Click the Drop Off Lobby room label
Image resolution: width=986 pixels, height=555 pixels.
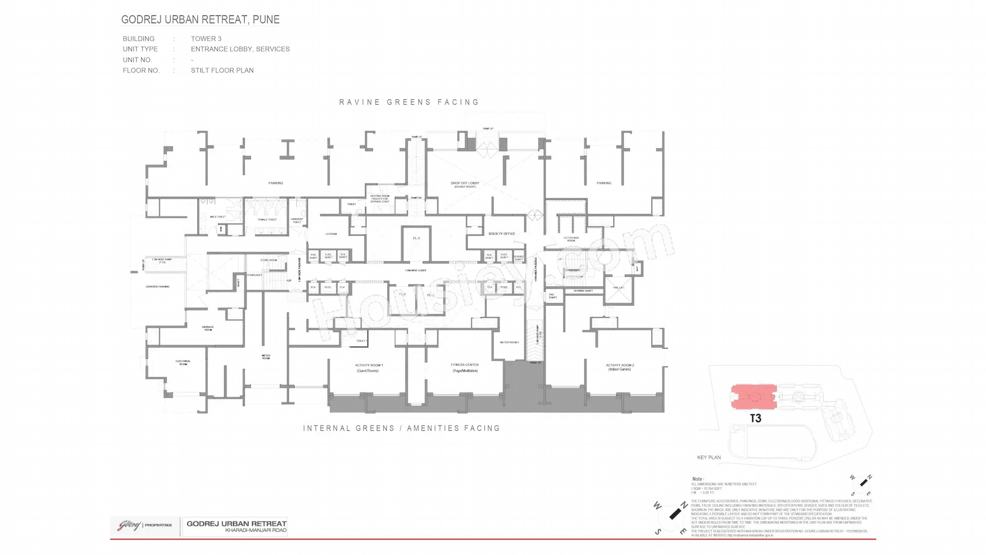coord(465,184)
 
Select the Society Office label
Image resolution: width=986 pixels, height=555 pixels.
coord(501,234)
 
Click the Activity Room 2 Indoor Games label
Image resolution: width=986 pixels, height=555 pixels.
coord(619,367)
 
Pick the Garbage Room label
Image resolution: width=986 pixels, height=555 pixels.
coord(207,328)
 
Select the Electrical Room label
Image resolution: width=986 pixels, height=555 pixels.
coord(183,362)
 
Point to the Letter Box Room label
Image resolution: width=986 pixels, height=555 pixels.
coord(571,239)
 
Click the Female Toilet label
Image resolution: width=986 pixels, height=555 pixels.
coord(267,219)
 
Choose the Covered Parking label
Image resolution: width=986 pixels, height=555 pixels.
coord(157,287)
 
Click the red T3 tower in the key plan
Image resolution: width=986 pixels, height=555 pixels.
coord(753,397)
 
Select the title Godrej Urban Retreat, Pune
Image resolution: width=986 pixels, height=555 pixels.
coord(200,20)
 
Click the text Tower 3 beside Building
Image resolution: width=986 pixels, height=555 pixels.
coord(206,39)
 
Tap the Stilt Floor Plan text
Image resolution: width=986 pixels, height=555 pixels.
coord(222,70)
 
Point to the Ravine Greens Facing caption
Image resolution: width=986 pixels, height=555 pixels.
coord(409,102)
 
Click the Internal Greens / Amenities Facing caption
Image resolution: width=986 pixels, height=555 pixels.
coord(401,428)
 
